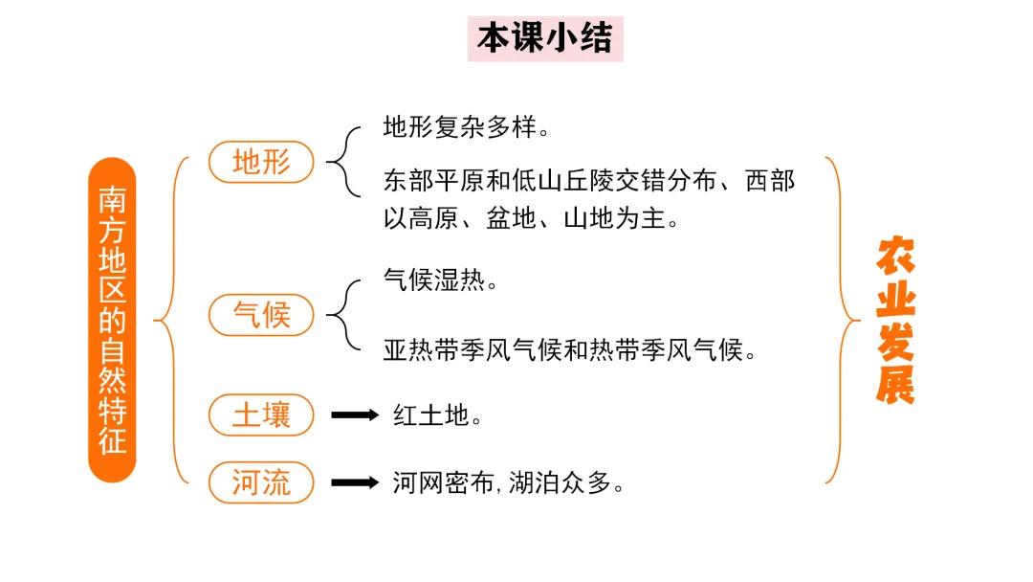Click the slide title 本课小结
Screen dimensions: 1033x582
pyautogui.click(x=545, y=39)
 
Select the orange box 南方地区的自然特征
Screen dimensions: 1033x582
pyautogui.click(x=112, y=320)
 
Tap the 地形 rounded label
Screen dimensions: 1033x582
pyautogui.click(x=261, y=163)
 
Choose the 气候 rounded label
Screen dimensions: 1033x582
pyautogui.click(x=261, y=314)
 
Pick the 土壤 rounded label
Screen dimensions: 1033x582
pyautogui.click(x=261, y=415)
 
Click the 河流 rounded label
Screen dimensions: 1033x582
pyautogui.click(x=261, y=482)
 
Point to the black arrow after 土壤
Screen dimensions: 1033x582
pyautogui.click(x=355, y=415)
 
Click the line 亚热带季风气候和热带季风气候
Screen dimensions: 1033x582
pyautogui.click(x=570, y=350)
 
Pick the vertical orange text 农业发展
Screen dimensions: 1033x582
pyautogui.click(x=895, y=320)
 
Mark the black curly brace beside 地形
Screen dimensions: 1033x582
pyautogui.click(x=342, y=163)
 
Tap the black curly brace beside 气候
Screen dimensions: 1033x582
pyautogui.click(x=342, y=314)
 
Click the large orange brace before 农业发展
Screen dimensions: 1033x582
pyautogui.click(x=842, y=320)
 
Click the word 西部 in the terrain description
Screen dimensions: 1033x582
pyautogui.click(x=770, y=181)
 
